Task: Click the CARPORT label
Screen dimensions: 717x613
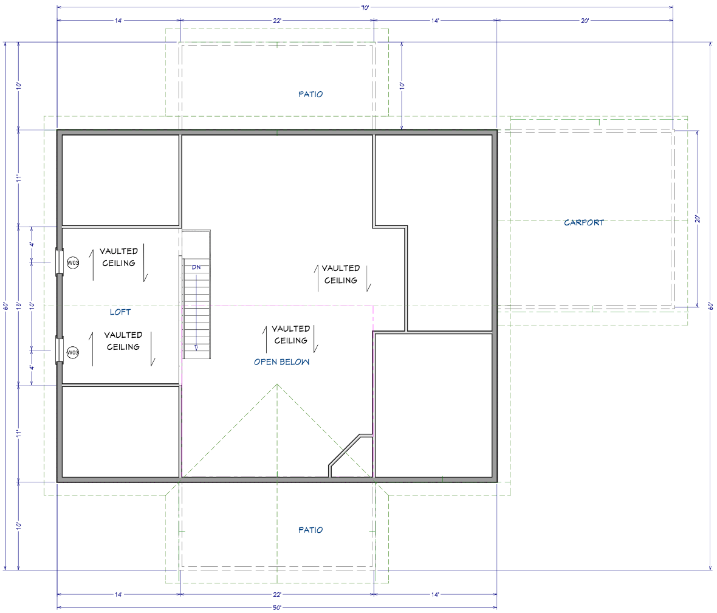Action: tap(583, 222)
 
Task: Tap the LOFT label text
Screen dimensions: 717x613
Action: tap(120, 312)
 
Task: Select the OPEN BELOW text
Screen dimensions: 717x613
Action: tap(282, 361)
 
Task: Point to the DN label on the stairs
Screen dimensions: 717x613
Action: tap(196, 267)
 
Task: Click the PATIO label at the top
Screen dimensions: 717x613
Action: tap(310, 94)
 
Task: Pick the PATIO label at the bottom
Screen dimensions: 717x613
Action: tap(310, 530)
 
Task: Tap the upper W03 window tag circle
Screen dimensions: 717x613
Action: tap(73, 263)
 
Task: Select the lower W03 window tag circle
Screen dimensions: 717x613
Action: tap(73, 352)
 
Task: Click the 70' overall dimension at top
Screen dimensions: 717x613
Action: tap(365, 7)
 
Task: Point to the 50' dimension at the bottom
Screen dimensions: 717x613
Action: tap(277, 608)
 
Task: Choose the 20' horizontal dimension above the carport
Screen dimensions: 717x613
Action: tap(585, 21)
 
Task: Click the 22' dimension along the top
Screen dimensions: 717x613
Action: tap(277, 21)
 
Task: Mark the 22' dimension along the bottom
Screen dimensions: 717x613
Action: tap(277, 595)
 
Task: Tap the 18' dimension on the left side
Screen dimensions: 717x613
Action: tap(19, 306)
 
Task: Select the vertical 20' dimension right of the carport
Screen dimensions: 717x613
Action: tap(698, 219)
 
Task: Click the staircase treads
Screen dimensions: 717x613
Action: tap(197, 309)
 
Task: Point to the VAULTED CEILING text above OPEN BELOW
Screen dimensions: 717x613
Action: tap(291, 335)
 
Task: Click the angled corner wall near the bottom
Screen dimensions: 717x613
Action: tap(345, 451)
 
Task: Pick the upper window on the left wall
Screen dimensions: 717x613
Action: tap(59, 262)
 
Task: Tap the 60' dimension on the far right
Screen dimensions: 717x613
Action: tap(710, 306)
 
